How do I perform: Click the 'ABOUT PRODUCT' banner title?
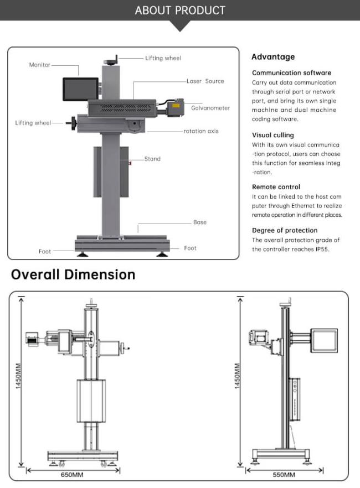180,11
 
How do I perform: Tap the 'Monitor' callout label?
39,65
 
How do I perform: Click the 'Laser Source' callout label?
205,81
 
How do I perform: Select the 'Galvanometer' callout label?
210,108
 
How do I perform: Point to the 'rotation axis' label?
201,131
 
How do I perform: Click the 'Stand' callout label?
152,159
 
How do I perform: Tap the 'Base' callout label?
199,222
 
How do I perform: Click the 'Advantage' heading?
273,56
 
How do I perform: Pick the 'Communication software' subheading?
291,72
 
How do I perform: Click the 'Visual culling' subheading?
273,135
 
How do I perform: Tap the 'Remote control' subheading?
276,187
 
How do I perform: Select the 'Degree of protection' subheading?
285,230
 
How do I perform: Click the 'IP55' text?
320,249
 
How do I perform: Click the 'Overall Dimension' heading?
73,274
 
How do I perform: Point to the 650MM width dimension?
72,475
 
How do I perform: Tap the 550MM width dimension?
284,475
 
